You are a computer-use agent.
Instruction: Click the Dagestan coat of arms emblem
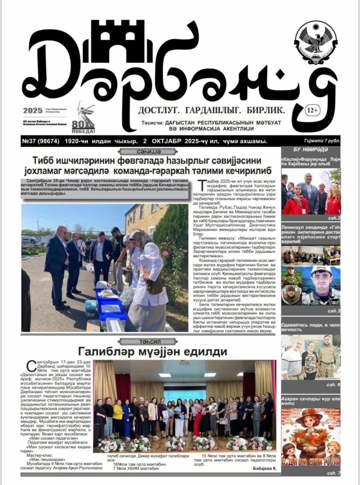(x=315, y=43)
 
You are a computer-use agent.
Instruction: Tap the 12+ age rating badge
(x=312, y=110)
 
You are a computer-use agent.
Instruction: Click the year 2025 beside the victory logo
(x=32, y=111)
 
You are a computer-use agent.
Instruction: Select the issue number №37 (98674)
(x=40, y=141)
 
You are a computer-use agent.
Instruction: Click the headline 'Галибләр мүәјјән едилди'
(x=146, y=351)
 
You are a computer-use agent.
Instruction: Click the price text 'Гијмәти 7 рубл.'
(x=322, y=141)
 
